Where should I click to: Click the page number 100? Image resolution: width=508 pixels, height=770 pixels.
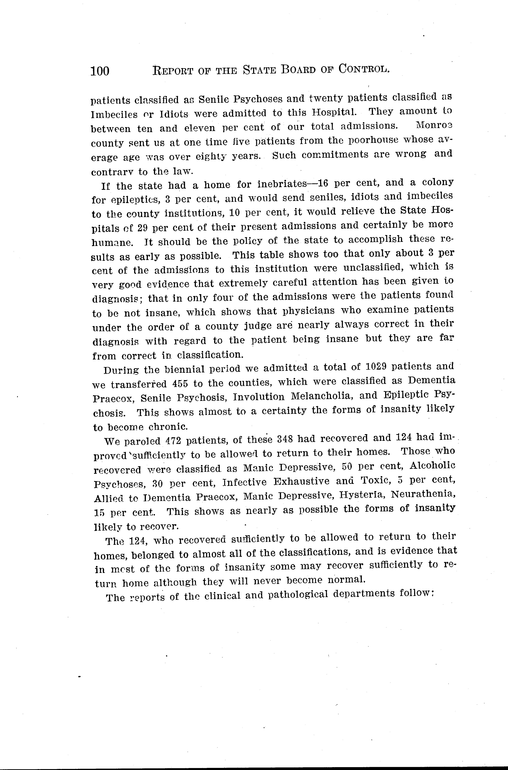click(100, 71)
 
